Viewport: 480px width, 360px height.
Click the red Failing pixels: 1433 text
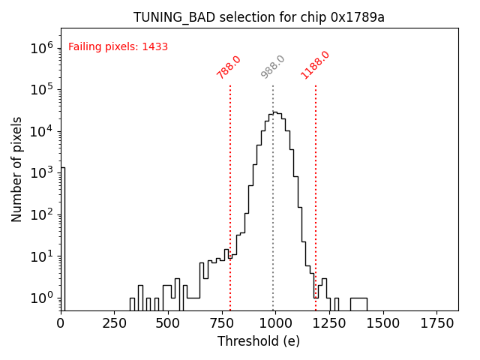click(118, 46)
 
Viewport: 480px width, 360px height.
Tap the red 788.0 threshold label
click(229, 67)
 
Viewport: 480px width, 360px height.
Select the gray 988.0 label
click(273, 67)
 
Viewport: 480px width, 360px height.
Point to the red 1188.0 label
click(316, 64)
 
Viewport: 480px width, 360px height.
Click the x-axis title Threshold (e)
click(259, 341)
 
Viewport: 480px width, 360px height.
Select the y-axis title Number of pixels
click(17, 169)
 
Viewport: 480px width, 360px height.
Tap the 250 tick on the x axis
click(114, 323)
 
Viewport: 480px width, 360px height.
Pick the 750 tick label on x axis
click(222, 323)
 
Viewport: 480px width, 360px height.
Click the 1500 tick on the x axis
click(383, 323)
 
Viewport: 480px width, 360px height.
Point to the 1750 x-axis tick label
click(437, 323)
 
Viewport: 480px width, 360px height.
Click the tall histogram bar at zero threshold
click(63, 240)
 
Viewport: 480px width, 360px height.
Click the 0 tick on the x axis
click(61, 323)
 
